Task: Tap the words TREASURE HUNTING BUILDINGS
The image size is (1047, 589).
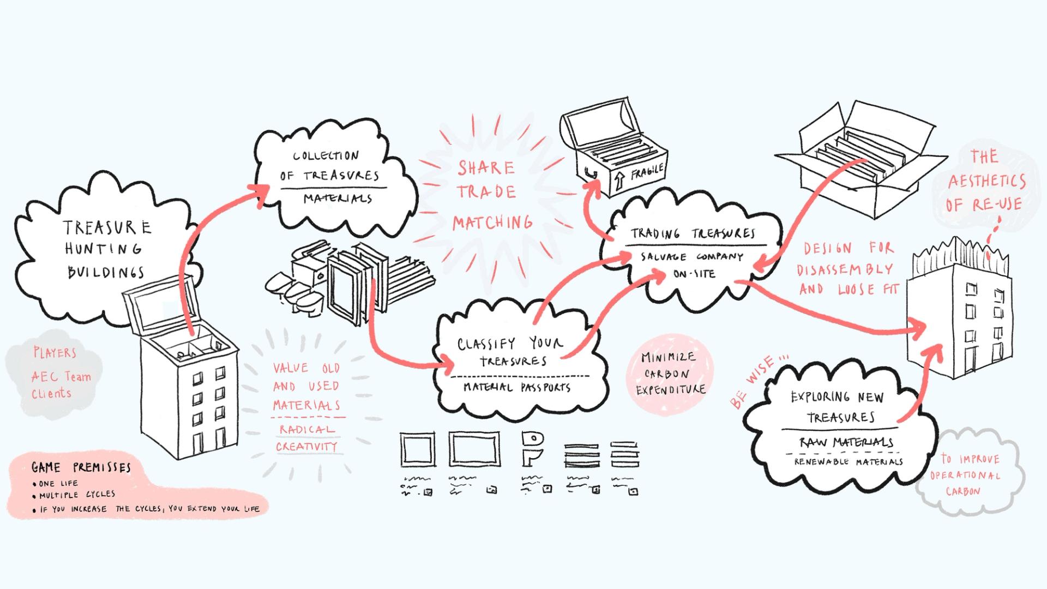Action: (106, 249)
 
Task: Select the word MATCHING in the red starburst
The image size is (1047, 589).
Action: (492, 222)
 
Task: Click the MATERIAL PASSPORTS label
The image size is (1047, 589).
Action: (517, 387)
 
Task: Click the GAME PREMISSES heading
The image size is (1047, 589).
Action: (81, 467)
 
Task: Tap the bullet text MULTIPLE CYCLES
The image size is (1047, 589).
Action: (77, 495)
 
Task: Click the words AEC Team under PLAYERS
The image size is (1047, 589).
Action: (61, 376)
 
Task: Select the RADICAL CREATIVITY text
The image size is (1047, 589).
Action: (307, 438)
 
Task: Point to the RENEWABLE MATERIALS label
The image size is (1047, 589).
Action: (848, 461)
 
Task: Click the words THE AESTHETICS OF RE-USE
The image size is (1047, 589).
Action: (985, 181)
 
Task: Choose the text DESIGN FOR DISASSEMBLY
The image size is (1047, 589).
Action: (848, 259)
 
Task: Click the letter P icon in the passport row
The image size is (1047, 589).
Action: (532, 449)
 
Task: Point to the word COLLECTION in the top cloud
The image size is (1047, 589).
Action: (326, 156)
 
